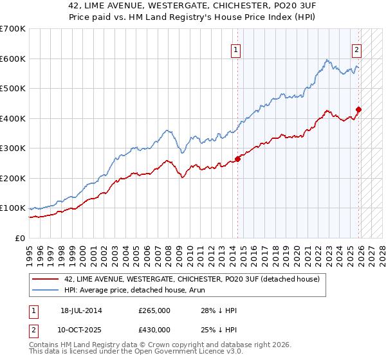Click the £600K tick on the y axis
tap(13, 59)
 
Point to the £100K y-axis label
tap(13, 208)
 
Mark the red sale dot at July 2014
tap(237, 159)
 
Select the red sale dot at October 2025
tap(359, 109)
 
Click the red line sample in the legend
tap(46, 279)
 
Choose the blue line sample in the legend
tap(46, 290)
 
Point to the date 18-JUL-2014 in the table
tap(81, 310)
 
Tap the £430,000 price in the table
tap(154, 329)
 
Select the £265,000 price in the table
tap(154, 310)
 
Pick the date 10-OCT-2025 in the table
tap(81, 329)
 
